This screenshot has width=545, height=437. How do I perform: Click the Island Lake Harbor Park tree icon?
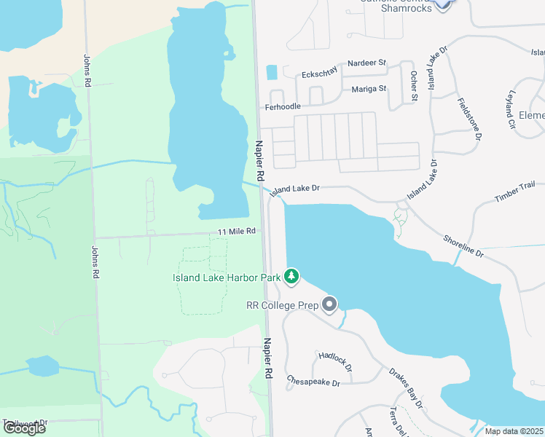(x=291, y=276)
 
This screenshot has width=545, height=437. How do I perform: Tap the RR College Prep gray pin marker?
(x=329, y=304)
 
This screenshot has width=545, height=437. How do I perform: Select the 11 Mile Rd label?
(x=237, y=232)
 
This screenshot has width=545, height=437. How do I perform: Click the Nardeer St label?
(x=366, y=63)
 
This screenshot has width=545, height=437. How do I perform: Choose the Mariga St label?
(x=369, y=89)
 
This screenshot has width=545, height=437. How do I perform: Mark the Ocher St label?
(x=414, y=86)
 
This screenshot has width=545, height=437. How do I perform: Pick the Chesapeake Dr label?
(x=313, y=382)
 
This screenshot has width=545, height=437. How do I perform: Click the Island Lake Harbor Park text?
(x=227, y=277)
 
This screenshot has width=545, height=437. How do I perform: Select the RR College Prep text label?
(x=283, y=305)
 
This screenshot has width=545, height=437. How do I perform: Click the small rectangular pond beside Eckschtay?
(x=272, y=72)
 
